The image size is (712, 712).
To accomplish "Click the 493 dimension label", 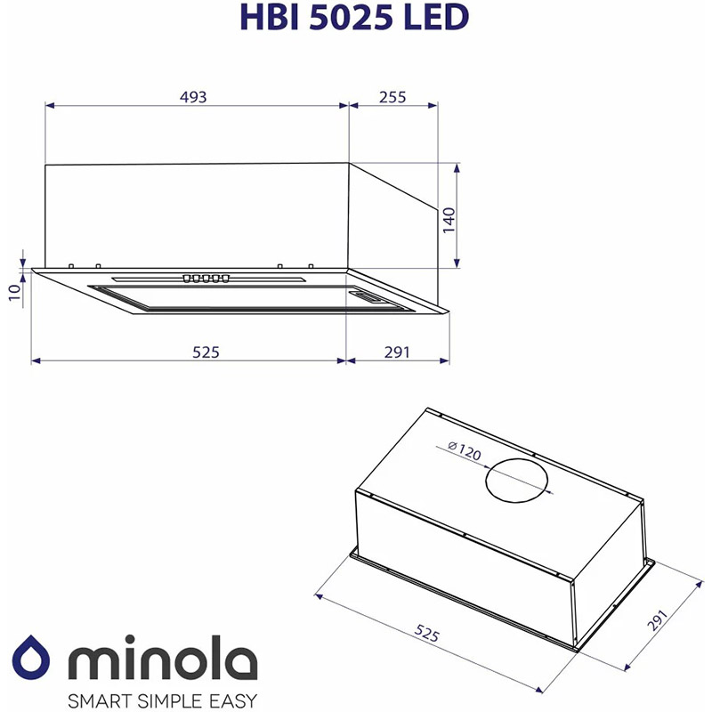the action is [x=193, y=97].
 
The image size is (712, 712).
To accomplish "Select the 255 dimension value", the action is [x=392, y=97].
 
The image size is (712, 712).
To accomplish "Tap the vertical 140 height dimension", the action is [x=449, y=220].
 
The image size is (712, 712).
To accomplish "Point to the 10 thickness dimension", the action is [x=15, y=292].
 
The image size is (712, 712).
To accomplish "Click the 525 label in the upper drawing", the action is [x=206, y=352].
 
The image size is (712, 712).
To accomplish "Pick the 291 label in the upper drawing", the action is [x=397, y=352].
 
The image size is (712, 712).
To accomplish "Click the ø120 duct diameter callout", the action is [x=464, y=451].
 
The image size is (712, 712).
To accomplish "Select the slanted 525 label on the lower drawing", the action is [x=427, y=633].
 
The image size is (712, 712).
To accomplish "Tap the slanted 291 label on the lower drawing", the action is [x=657, y=620].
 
